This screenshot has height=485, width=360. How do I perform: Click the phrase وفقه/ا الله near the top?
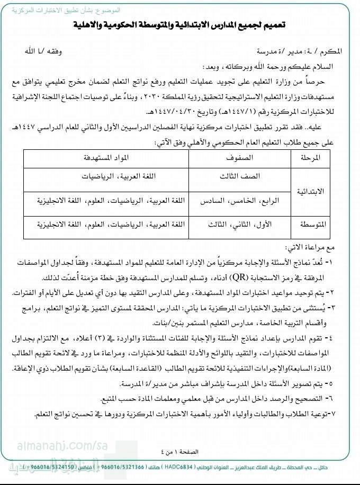pyautogui.click(x=71, y=51)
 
